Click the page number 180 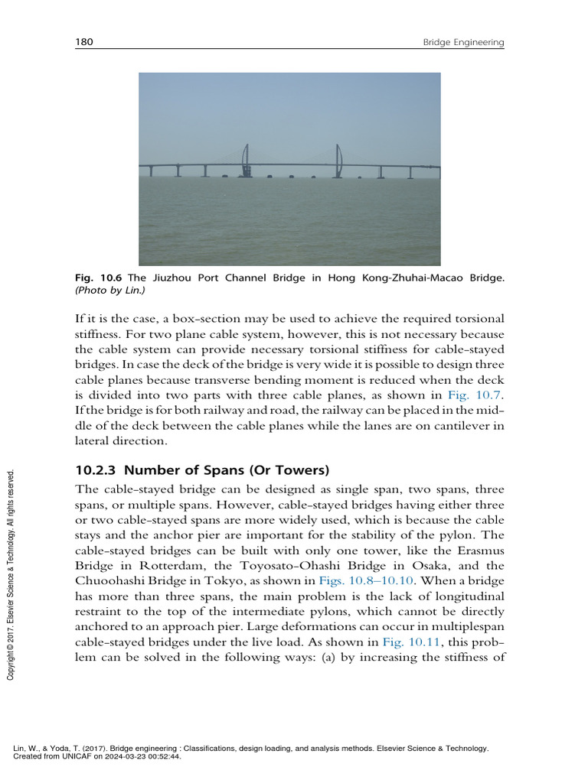coord(83,43)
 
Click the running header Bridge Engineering coord(463,44)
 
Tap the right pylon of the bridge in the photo coord(338,161)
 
